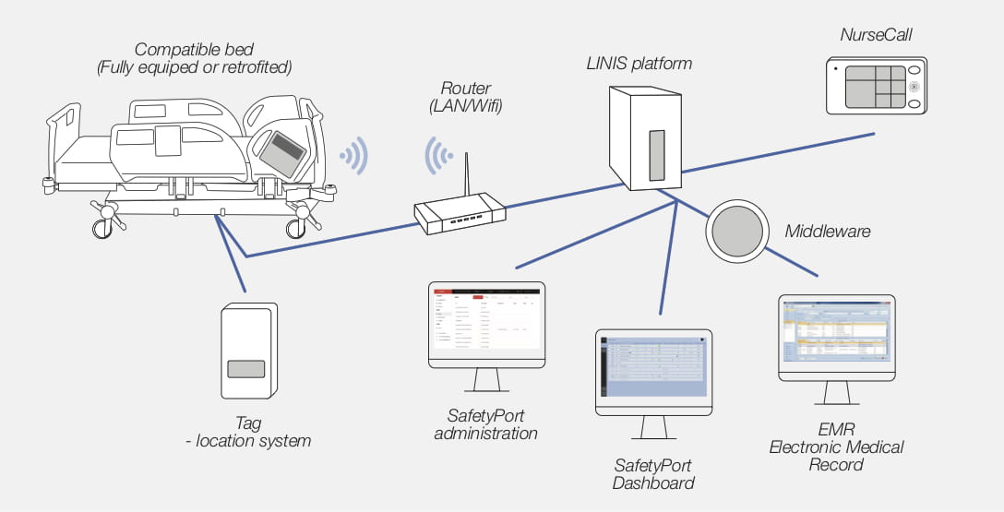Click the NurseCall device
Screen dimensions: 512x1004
875,85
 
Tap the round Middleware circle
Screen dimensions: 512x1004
735,232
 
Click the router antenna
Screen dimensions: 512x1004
466,176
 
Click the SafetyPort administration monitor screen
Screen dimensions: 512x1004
486,319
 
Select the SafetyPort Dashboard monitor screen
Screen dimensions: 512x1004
653,367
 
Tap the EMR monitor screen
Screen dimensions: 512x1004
836,333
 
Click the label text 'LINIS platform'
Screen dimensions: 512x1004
639,64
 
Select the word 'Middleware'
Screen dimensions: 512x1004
827,231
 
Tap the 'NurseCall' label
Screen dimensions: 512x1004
876,35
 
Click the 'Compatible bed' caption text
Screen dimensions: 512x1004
195,49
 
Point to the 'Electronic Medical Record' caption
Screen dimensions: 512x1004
836,456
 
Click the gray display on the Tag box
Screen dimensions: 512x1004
246,369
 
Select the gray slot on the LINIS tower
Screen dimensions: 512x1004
656,154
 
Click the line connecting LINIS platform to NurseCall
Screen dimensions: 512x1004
775,152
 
